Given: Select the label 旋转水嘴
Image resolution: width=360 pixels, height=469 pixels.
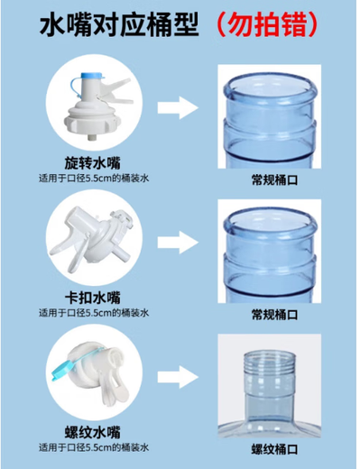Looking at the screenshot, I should tap(93, 163).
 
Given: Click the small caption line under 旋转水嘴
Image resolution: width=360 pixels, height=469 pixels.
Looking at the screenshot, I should tap(93, 179).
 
